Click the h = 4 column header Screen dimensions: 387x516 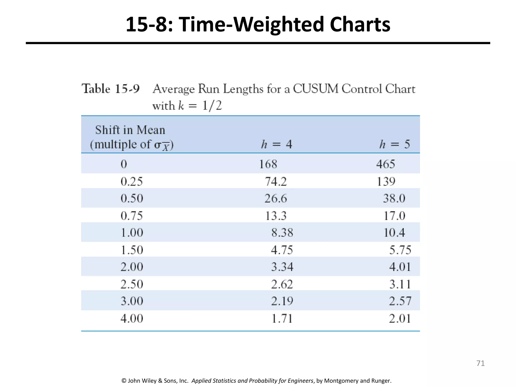pos(276,144)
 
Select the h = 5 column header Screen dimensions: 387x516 pos(395,144)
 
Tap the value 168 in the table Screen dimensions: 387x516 pos(268,164)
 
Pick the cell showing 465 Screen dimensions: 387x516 pos(385,164)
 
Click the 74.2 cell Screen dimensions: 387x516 pos(276,182)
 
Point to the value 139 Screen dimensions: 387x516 pos(386,182)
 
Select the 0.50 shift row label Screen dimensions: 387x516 pos(132,198)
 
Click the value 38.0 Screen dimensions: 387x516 pos(394,198)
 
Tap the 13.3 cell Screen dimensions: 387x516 pos(276,216)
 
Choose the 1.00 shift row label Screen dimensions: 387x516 pos(132,233)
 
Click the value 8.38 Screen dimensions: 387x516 pos(282,233)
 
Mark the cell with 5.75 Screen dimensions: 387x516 pos(400,250)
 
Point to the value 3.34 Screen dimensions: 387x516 pos(282,267)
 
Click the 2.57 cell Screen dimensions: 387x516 pos(400,301)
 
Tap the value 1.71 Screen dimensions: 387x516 pos(282,319)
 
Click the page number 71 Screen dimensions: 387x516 pos(480,363)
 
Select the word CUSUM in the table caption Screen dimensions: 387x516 pos(316,89)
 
